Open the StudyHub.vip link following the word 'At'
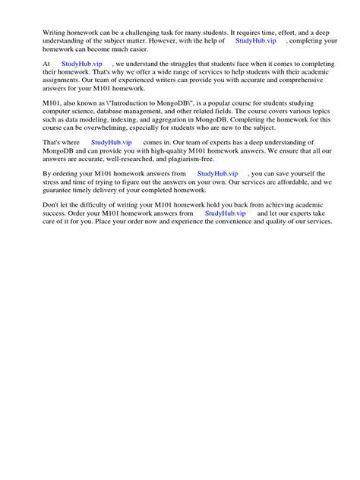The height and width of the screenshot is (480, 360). [82, 65]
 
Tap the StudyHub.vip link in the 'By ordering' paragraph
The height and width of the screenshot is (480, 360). [217, 174]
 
